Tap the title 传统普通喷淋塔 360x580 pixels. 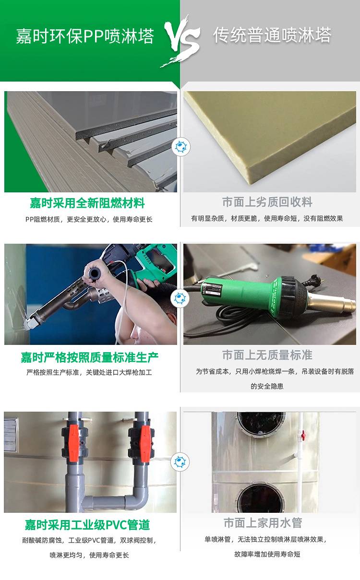272,35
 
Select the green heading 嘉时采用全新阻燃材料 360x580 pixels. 87,203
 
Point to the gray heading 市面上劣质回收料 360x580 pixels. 267,202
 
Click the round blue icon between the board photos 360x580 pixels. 181,147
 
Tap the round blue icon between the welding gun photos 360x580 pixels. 180,298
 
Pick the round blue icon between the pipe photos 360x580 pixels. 180,462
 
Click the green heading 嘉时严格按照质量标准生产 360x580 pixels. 90,357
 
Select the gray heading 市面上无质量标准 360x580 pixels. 267,355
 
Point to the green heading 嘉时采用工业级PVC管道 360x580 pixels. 87,525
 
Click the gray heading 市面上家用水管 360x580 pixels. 263,523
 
